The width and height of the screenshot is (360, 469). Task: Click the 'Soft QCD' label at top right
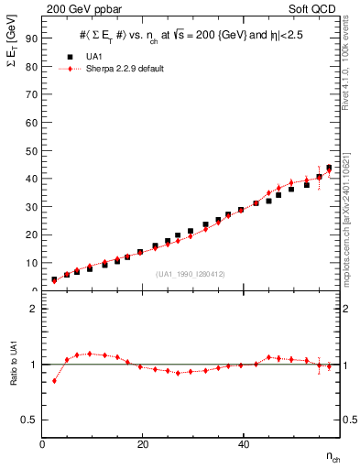coord(315,7)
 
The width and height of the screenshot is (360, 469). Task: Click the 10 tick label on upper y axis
coord(31,263)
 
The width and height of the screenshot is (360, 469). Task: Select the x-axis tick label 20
coord(142,444)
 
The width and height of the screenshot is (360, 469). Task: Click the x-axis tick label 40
coord(242,444)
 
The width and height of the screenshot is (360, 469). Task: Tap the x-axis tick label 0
coord(42,444)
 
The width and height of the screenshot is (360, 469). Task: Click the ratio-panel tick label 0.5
coord(30,420)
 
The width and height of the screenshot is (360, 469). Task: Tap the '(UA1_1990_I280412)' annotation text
coord(191,274)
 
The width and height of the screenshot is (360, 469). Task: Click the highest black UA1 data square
coord(329,168)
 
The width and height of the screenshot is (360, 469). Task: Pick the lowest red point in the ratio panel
coord(54,381)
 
